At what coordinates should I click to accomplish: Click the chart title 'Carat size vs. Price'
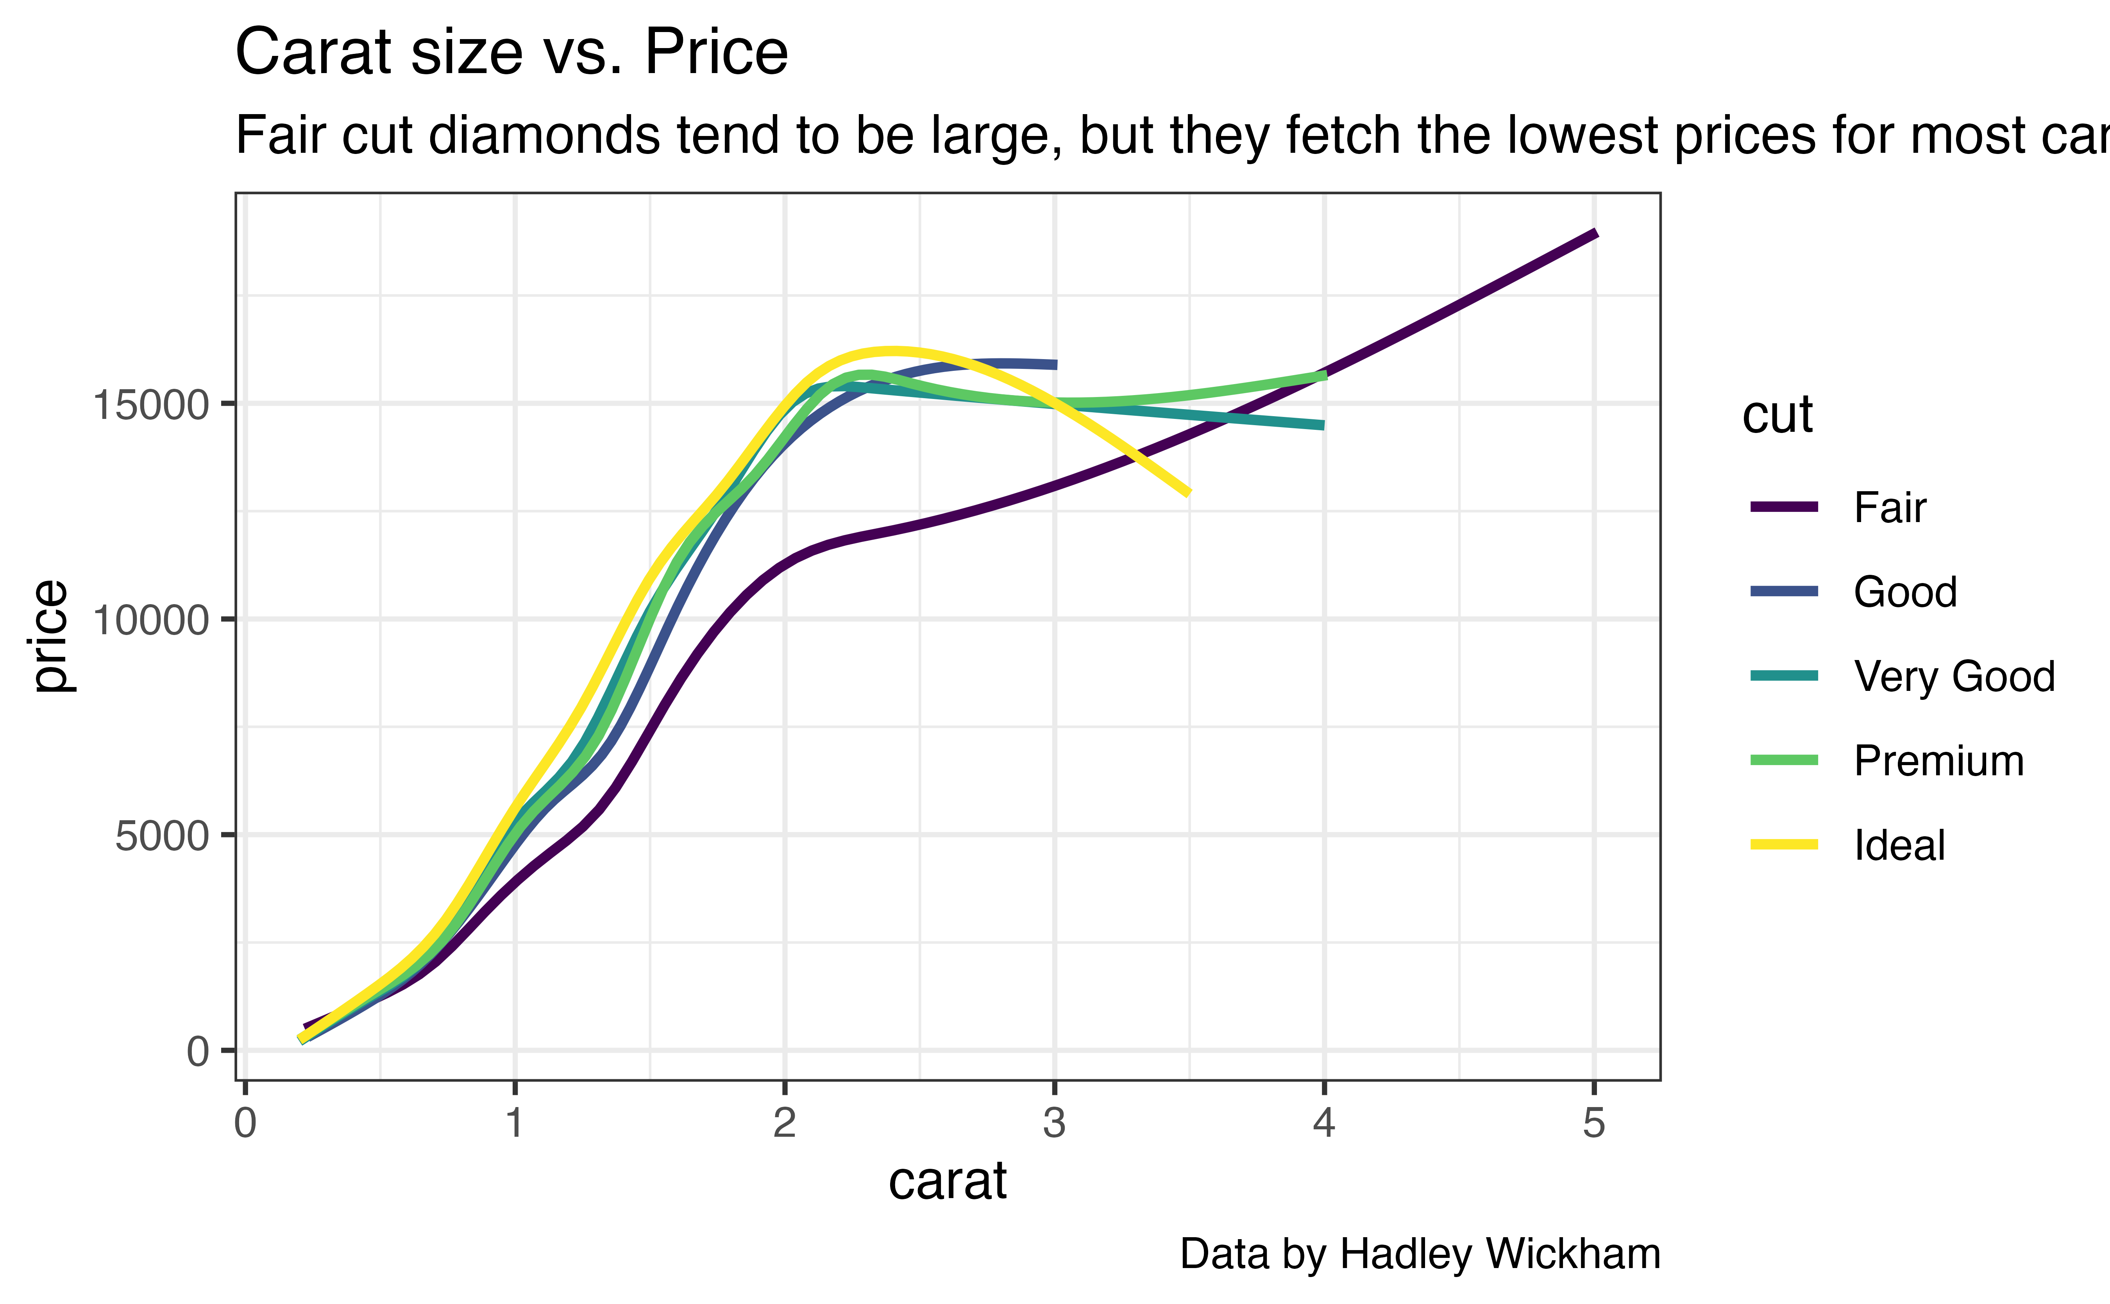click(x=511, y=54)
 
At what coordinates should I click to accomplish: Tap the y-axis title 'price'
click(x=50, y=636)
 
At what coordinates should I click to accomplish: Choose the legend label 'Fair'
click(x=1889, y=508)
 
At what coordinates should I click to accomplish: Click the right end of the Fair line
click(x=1595, y=233)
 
